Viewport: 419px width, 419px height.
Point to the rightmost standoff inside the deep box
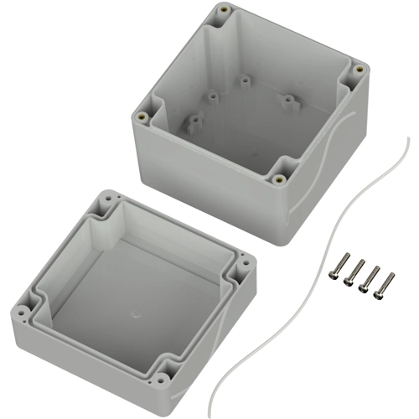coord(291,103)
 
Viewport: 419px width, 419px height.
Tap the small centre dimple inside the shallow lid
coord(136,317)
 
